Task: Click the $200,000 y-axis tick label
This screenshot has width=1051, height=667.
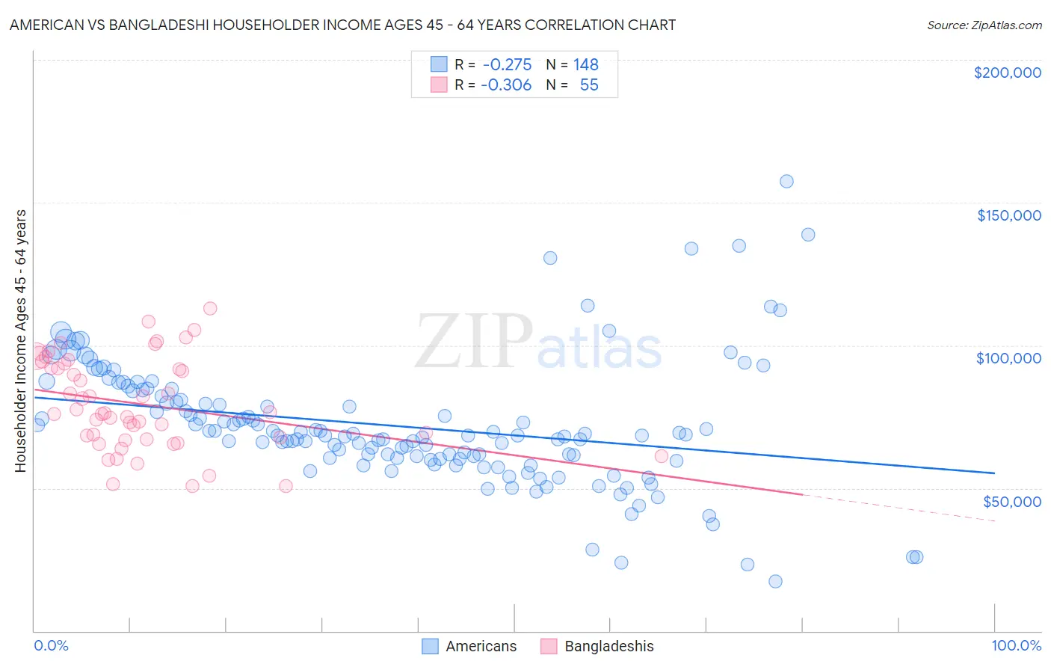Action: [1007, 73]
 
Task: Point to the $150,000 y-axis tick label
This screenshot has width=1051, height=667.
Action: [1008, 215]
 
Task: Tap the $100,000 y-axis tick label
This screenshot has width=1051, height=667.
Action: [1008, 358]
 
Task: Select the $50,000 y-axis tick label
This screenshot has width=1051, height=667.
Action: [1011, 501]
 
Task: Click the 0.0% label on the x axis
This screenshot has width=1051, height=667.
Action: [51, 646]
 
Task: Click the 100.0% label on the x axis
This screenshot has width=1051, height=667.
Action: [1016, 646]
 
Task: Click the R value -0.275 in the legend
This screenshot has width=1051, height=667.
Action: [507, 64]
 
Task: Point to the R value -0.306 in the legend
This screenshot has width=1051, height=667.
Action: [507, 85]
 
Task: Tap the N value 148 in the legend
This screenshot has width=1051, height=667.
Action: [585, 64]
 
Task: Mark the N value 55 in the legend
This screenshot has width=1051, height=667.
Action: [589, 85]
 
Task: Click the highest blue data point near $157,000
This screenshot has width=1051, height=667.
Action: [786, 181]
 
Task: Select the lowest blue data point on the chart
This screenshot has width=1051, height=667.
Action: [775, 582]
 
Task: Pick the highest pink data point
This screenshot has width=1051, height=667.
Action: [210, 309]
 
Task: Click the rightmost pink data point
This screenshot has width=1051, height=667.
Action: [661, 456]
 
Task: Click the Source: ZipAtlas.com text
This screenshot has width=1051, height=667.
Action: [984, 25]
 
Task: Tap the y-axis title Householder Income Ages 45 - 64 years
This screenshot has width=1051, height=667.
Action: [20, 341]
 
